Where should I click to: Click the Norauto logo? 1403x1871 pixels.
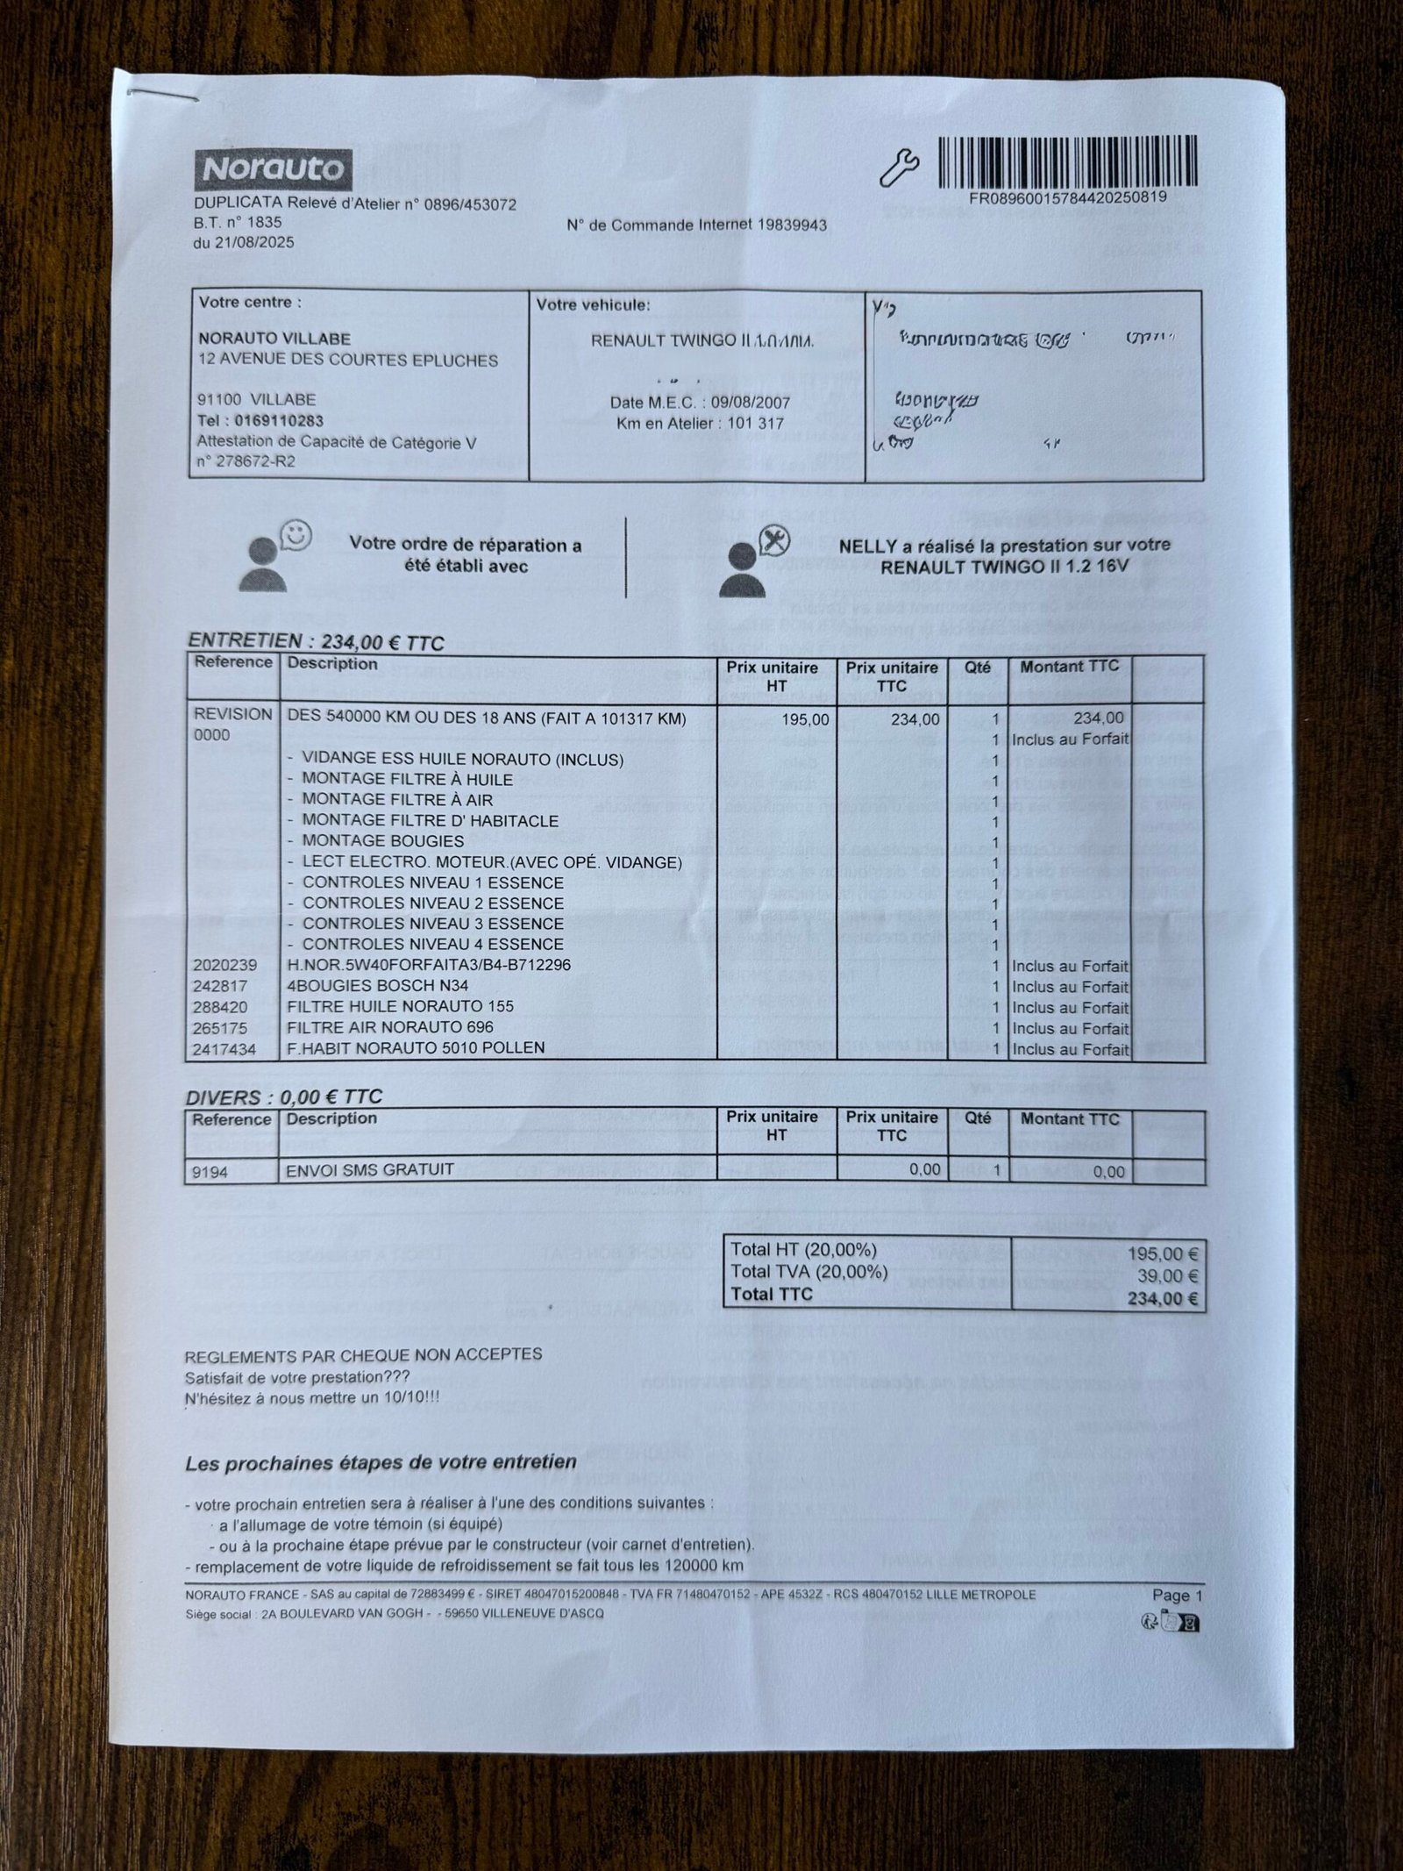click(273, 169)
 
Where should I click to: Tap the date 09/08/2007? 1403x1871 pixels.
click(750, 403)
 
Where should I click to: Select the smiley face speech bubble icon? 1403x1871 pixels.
click(296, 535)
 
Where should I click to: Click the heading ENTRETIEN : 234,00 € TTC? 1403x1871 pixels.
click(316, 643)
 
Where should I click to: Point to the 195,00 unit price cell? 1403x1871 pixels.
click(805, 720)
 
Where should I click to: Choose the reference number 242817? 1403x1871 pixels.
click(220, 986)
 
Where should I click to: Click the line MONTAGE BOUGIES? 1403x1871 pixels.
click(382, 841)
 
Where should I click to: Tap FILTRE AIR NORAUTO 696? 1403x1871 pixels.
click(390, 1027)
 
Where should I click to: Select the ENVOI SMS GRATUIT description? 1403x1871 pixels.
click(370, 1169)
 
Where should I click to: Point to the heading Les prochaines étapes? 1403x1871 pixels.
click(381, 1463)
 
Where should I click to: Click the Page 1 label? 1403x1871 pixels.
click(1177, 1596)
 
